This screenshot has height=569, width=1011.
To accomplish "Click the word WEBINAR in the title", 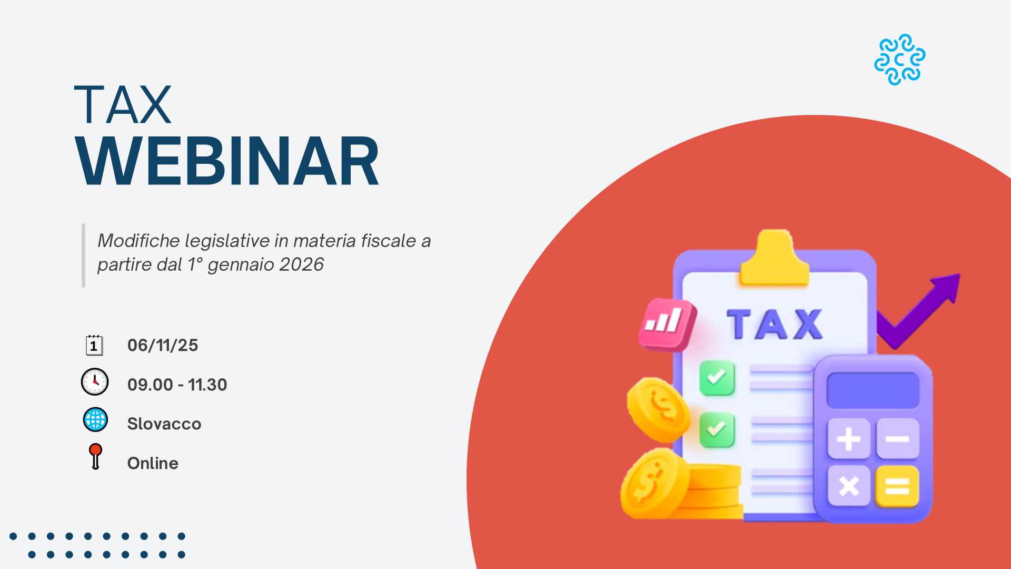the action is click(x=227, y=161).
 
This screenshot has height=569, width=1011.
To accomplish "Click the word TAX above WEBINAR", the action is click(x=123, y=105).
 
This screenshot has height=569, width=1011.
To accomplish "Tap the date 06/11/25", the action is click(x=163, y=345).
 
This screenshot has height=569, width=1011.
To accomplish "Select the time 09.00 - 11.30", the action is click(x=177, y=385).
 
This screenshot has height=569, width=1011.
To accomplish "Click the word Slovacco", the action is click(x=164, y=424).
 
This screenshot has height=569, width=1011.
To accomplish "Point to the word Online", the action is click(x=153, y=463).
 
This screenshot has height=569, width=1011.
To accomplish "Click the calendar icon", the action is click(x=94, y=345).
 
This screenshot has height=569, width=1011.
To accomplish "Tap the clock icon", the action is click(x=95, y=382).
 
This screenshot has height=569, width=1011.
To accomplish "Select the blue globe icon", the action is click(x=95, y=420).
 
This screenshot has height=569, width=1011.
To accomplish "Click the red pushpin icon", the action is click(x=95, y=456).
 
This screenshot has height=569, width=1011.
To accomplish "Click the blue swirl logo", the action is click(x=900, y=60).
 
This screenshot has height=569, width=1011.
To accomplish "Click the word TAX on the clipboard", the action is click(x=775, y=323).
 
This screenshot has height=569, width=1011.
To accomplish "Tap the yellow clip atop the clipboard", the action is click(x=774, y=258).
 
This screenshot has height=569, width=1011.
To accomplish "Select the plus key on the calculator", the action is click(x=848, y=438).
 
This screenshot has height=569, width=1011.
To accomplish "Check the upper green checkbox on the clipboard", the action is click(x=717, y=378).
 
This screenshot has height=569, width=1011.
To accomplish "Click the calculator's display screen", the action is click(x=873, y=390).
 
